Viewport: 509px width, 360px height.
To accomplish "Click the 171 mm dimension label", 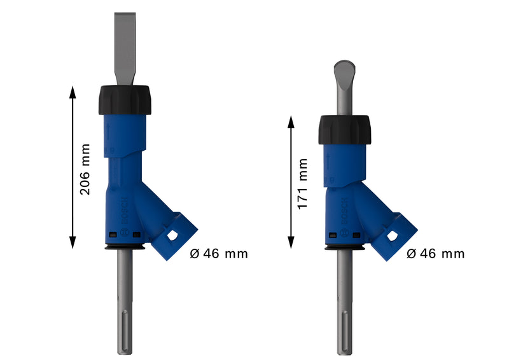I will (303, 184).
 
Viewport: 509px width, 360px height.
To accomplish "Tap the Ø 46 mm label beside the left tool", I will (219, 254).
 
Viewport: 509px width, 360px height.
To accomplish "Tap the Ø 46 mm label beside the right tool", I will (436, 254).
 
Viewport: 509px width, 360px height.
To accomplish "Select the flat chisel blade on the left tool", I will (125, 48).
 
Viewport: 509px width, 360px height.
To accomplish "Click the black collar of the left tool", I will (125, 100).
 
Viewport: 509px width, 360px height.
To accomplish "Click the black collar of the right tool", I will (344, 130).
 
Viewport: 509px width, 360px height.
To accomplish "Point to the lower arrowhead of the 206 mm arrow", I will (73, 242).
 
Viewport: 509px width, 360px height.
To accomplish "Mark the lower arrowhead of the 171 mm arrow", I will (291, 242).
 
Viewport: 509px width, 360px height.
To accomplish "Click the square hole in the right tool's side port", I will (392, 236).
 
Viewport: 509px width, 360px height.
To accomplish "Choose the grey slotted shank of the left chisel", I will (124, 305).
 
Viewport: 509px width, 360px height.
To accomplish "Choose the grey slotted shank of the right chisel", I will (344, 305).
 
